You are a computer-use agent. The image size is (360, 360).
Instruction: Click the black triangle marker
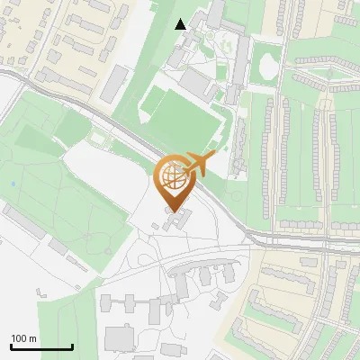click(x=181, y=24)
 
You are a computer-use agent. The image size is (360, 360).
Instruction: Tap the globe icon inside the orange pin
click(x=174, y=175)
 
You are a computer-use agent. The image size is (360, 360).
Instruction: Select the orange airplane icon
click(x=200, y=166)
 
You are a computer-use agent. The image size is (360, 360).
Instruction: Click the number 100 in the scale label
click(x=20, y=338)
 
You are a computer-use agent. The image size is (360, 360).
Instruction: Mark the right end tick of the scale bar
click(x=72, y=346)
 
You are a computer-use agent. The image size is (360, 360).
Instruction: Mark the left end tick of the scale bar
click(x=11, y=346)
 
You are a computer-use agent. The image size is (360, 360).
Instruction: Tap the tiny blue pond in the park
click(x=13, y=184)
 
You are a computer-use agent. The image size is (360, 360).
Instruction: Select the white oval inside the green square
click(x=267, y=65)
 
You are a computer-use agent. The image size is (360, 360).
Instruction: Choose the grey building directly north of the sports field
click(x=195, y=83)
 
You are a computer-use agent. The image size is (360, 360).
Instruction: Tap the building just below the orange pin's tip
click(x=178, y=220)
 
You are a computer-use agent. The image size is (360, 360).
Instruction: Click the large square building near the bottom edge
click(x=119, y=339)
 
